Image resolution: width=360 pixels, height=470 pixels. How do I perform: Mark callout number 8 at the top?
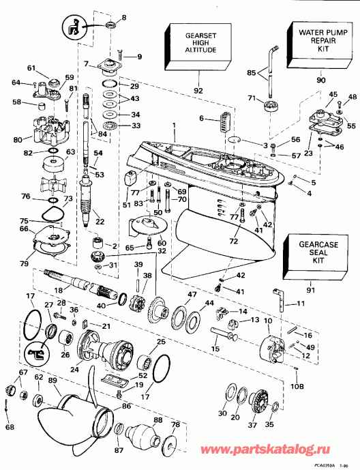pyautogui.click(x=123, y=16)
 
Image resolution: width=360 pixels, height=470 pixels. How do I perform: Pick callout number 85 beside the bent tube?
pyautogui.click(x=251, y=73)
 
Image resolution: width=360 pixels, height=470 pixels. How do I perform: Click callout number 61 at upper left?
pyautogui.click(x=31, y=68)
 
